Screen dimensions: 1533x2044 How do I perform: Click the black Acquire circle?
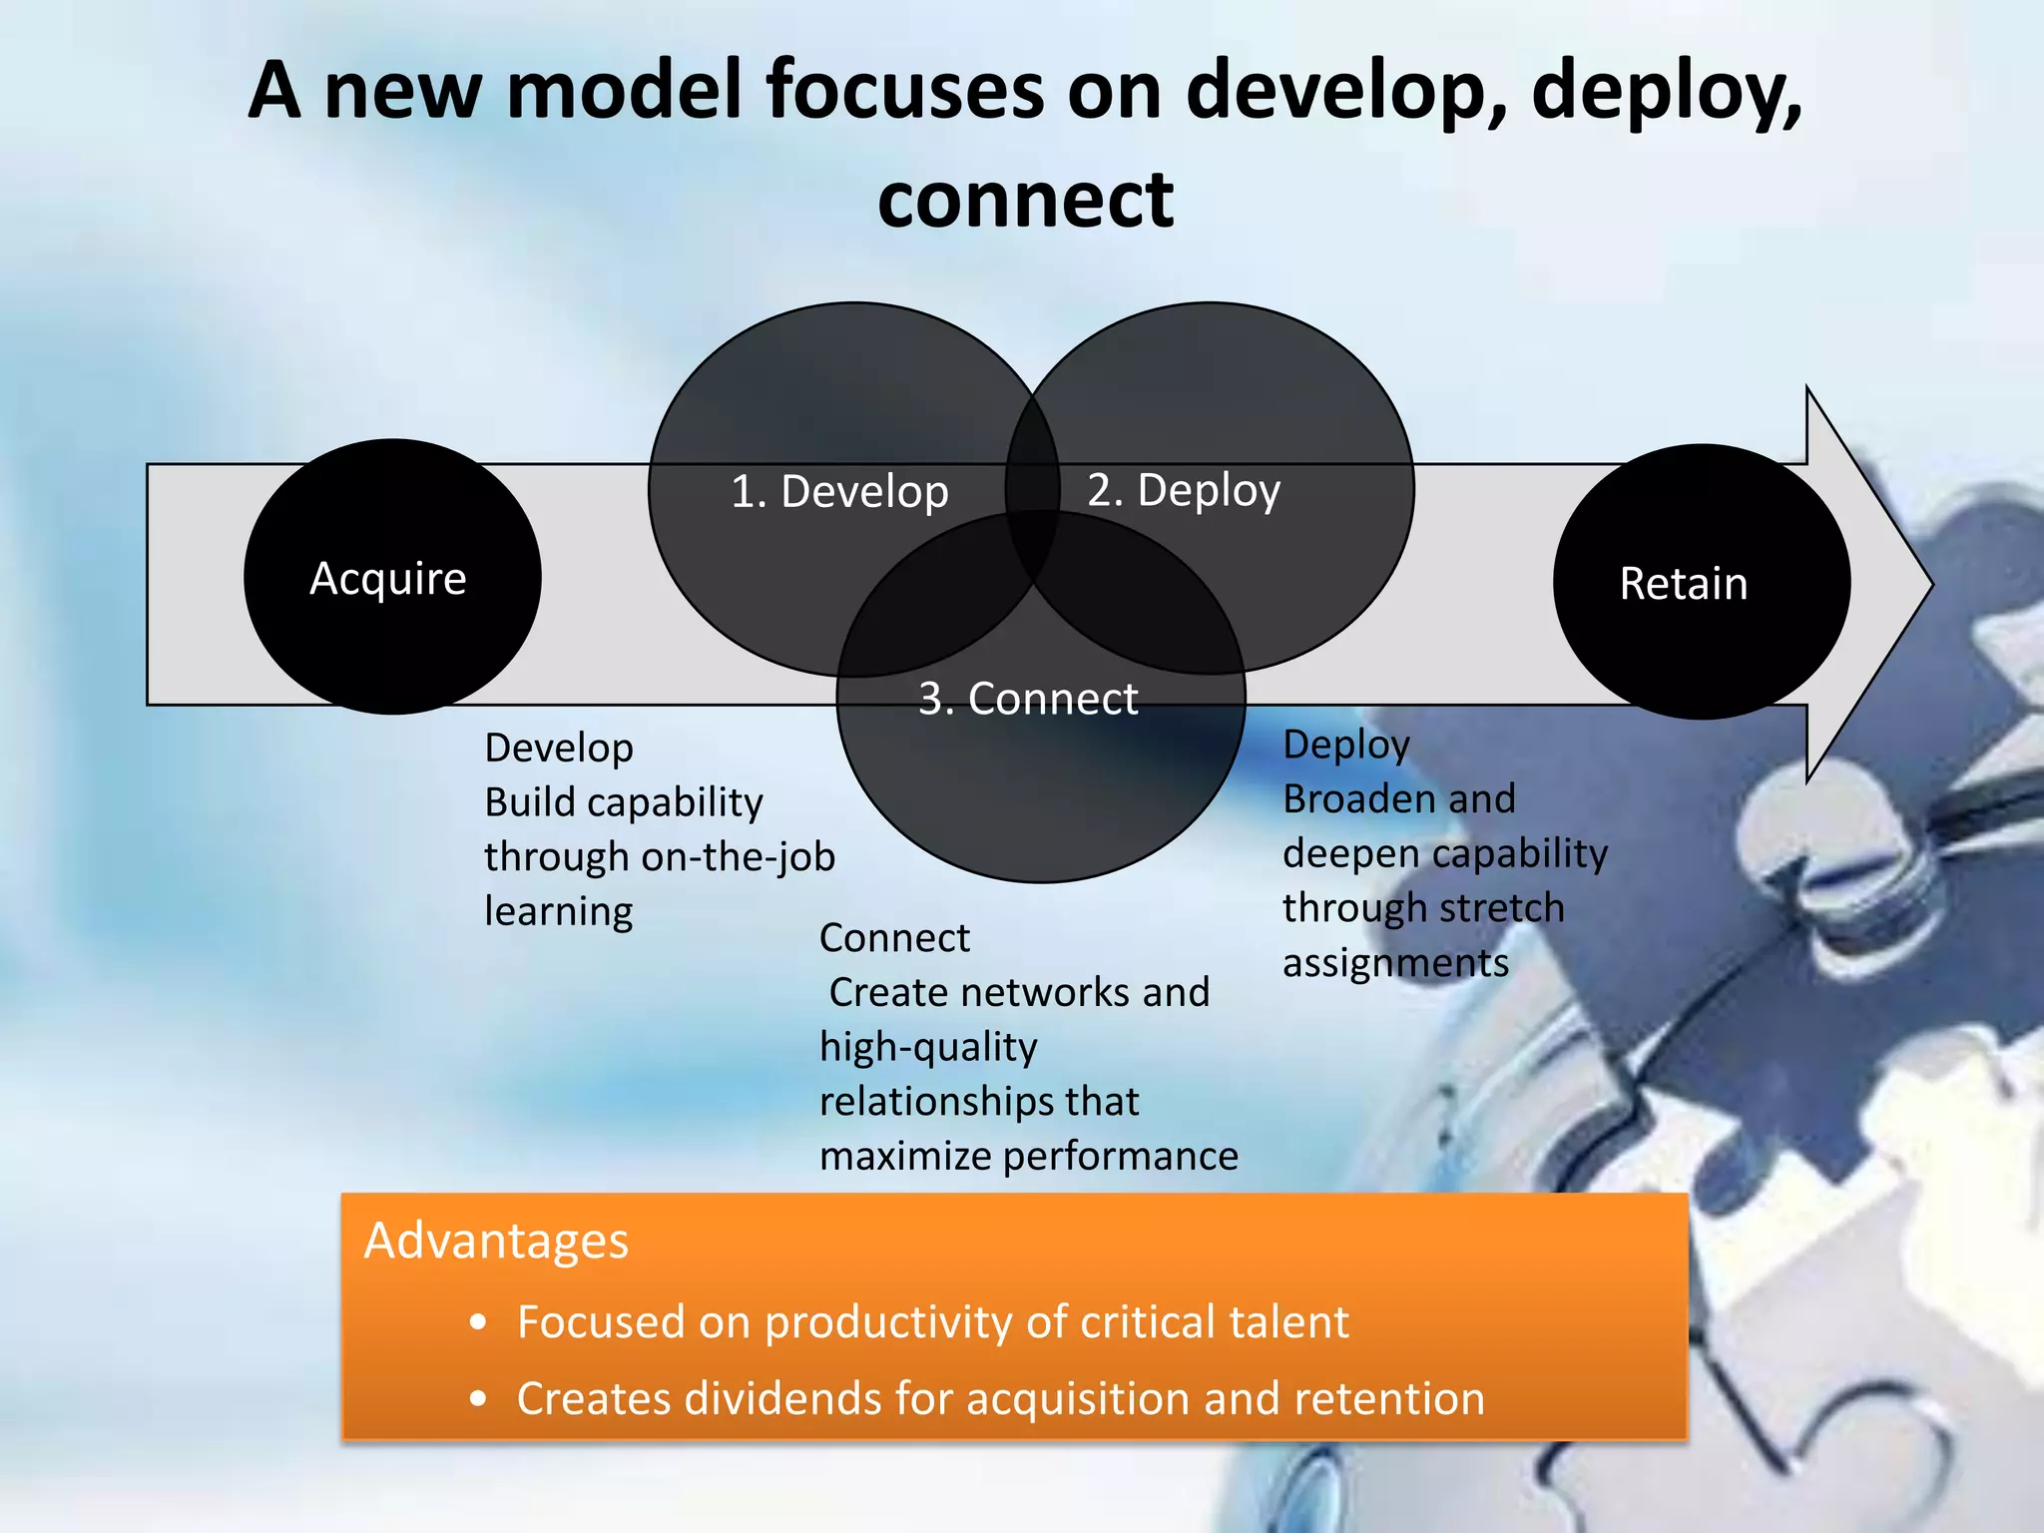click(392, 577)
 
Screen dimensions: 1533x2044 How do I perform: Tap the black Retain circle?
click(1702, 582)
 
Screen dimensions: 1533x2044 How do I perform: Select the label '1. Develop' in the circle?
click(839, 492)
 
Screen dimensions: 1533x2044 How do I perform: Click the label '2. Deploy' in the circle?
click(1184, 490)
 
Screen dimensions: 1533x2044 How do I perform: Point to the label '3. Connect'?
click(1028, 699)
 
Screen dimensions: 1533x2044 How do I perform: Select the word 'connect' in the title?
click(1025, 200)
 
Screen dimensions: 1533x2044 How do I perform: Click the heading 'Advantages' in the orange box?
click(496, 1241)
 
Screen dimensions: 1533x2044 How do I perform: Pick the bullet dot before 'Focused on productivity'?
click(479, 1323)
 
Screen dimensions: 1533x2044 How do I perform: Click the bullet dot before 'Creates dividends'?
click(479, 1399)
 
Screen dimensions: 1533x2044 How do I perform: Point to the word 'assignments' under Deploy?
click(1395, 963)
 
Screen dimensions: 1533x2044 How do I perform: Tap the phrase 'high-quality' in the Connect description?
click(928, 1047)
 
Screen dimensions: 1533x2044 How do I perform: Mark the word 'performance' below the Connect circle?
click(1120, 1156)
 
